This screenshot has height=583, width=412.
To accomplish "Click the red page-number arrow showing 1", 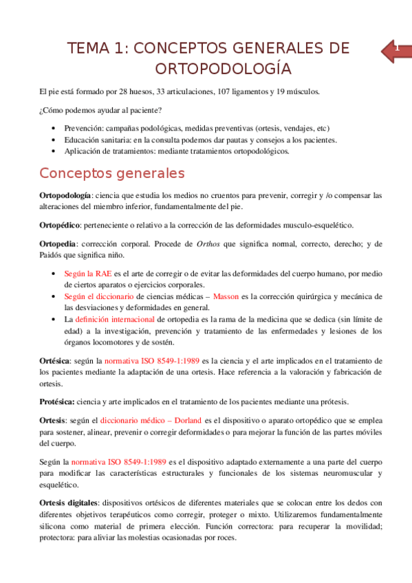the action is tap(394, 51).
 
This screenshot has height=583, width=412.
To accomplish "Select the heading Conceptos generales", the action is tap(112, 172).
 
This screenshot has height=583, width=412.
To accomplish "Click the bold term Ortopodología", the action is tap(65, 196).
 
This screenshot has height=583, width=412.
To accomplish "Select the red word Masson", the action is tap(226, 296).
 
